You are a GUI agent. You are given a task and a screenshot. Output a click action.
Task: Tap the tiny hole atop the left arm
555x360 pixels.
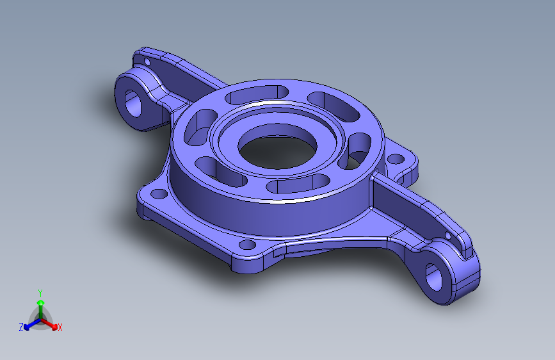[x=146, y=63]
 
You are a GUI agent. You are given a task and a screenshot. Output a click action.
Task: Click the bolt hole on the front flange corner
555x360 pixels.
[x=246, y=245]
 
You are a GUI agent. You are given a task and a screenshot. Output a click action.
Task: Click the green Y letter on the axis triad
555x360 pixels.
[x=40, y=292]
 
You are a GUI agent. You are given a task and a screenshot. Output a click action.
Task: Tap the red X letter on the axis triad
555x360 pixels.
[x=60, y=327]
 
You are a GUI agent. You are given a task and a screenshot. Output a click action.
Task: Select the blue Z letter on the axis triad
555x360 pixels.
[x=21, y=327]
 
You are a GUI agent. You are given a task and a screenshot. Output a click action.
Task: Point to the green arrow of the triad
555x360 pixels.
[x=40, y=302]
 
